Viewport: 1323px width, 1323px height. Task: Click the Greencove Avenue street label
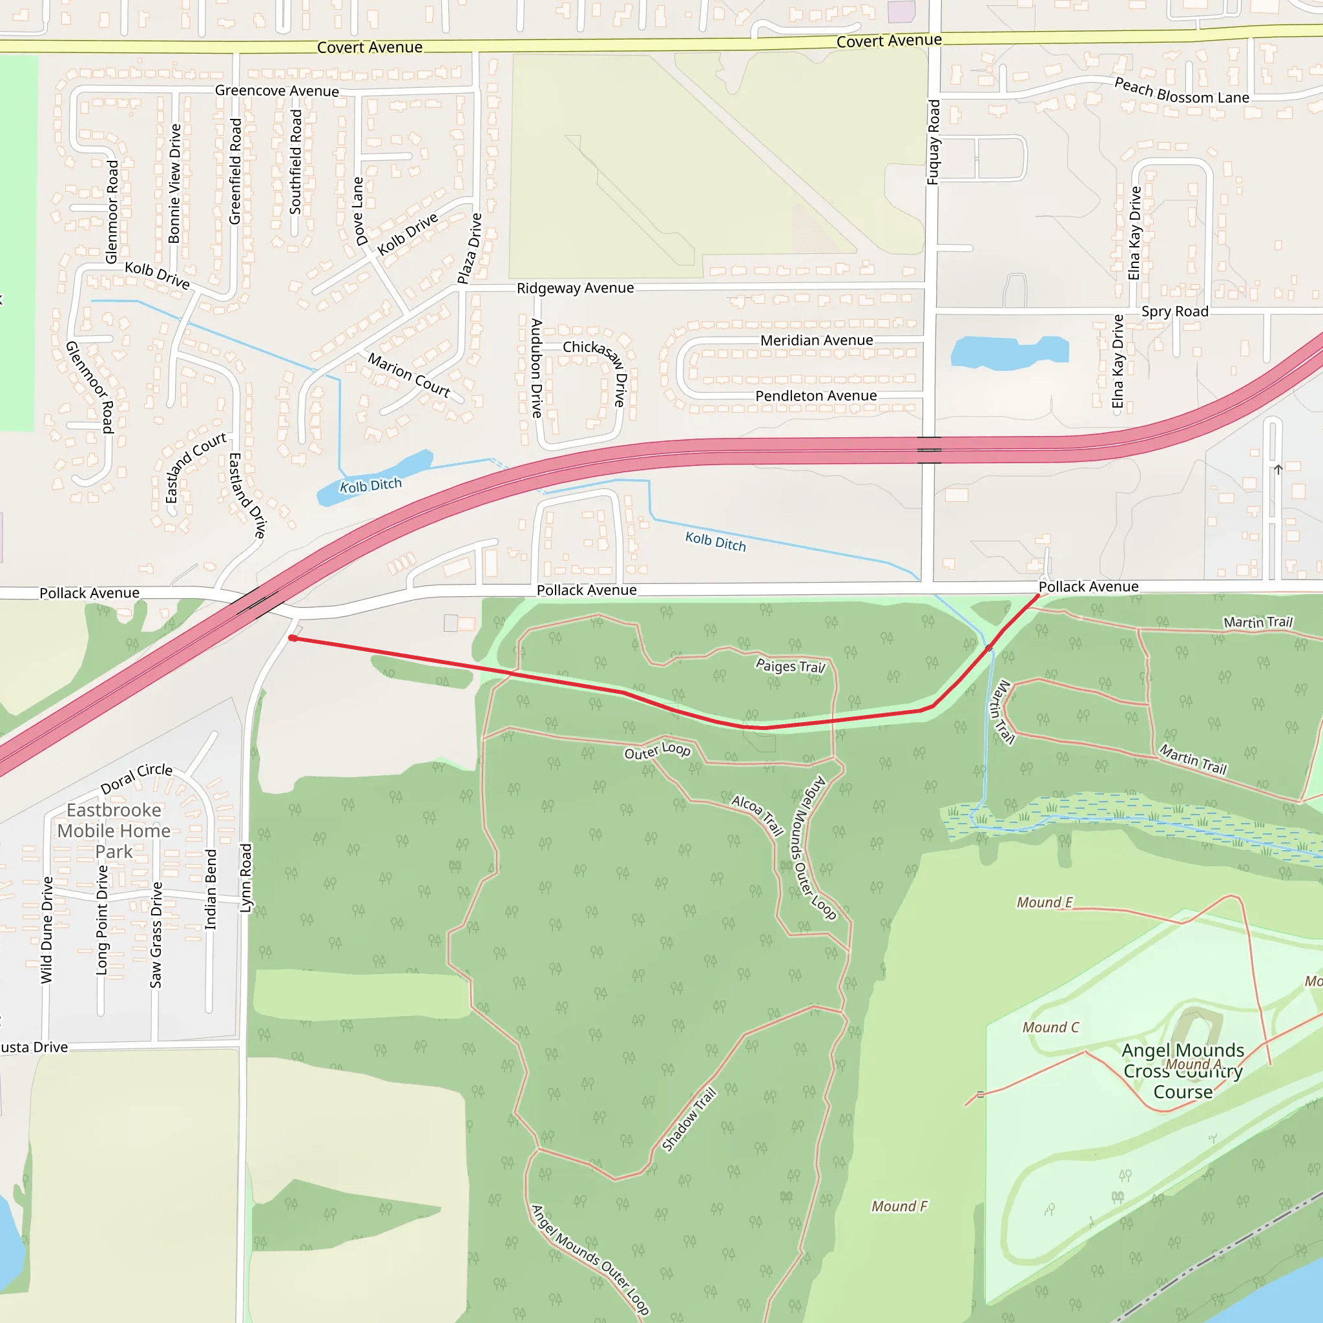tap(276, 91)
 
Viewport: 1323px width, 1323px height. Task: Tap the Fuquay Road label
tap(933, 142)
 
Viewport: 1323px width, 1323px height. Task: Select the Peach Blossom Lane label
tap(1182, 91)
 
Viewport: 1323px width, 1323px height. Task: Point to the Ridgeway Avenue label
tap(575, 288)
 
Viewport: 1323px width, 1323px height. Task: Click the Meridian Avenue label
tap(817, 340)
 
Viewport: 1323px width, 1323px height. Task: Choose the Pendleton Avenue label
tap(816, 396)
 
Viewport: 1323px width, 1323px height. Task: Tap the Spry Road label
tap(1174, 311)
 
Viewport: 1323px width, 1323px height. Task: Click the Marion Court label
tap(409, 375)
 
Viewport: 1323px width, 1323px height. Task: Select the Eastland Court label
tap(195, 467)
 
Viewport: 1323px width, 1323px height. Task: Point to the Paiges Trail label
tap(791, 665)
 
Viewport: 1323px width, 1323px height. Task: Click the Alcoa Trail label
tap(756, 815)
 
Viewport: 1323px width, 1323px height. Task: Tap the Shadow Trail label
tap(689, 1120)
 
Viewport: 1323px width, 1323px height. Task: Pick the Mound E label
tap(1045, 902)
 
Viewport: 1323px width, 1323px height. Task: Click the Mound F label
tap(899, 1207)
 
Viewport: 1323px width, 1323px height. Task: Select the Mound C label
tap(1050, 1027)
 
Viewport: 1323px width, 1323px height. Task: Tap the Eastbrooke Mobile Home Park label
tap(114, 831)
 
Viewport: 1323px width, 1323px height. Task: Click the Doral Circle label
tap(136, 778)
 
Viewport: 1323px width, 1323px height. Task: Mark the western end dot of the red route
tap(293, 638)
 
